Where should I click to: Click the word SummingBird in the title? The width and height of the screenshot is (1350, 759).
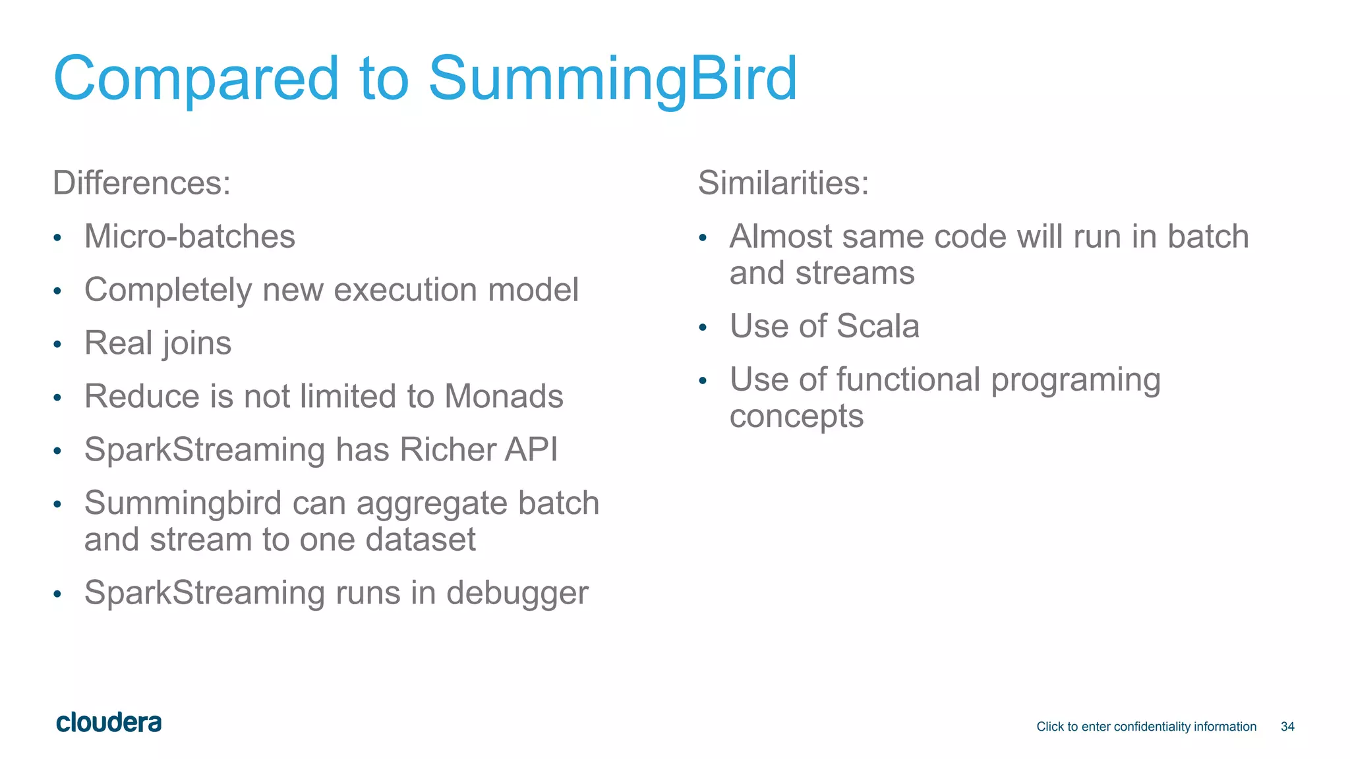click(612, 79)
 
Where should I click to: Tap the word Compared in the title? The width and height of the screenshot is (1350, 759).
click(196, 79)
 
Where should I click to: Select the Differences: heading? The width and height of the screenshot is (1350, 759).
click(142, 183)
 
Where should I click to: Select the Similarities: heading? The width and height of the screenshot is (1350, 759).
click(783, 183)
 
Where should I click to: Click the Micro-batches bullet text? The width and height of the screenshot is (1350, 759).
click(190, 237)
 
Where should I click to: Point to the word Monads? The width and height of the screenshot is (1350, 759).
click(504, 397)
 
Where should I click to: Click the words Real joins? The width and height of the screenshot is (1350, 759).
click(158, 343)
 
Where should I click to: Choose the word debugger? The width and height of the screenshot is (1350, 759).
click(517, 593)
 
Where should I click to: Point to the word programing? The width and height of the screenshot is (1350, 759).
click(1075, 380)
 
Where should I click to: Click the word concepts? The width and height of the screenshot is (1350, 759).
click(796, 417)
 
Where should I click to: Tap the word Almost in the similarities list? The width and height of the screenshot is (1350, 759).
click(779, 237)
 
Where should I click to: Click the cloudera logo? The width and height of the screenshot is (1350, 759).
click(109, 723)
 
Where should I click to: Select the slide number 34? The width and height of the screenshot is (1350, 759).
click(1287, 727)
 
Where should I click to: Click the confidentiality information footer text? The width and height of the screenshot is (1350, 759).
click(1146, 727)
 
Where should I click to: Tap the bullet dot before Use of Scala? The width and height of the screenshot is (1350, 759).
click(703, 327)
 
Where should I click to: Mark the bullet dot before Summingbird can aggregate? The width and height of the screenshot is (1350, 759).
click(57, 505)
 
